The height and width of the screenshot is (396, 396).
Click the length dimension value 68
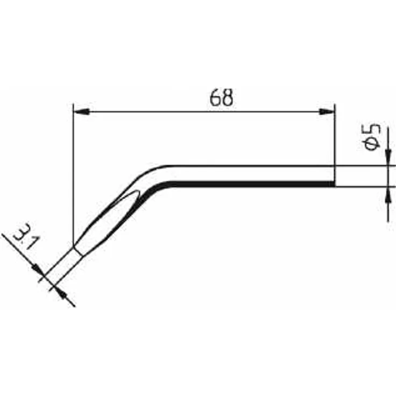[x=221, y=97]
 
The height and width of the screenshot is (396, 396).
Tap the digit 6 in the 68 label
[x=215, y=97]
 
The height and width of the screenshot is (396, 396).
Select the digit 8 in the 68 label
[x=227, y=97]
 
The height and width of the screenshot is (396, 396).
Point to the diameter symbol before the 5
[x=372, y=144]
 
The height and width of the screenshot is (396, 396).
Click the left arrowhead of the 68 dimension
[x=81, y=111]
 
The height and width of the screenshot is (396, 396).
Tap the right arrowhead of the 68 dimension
[x=326, y=111]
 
